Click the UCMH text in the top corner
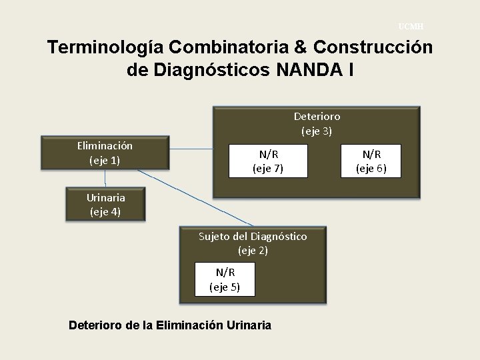coord(411,27)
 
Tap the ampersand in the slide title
coord(301,48)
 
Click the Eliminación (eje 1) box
coord(105,153)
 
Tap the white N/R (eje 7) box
coord(267,161)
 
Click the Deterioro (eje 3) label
coord(317,123)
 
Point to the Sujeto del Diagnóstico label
coord(253,237)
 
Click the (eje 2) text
coord(253,251)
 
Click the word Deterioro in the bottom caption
coord(95,325)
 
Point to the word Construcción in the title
coord(372,48)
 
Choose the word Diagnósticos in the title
coord(206,69)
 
